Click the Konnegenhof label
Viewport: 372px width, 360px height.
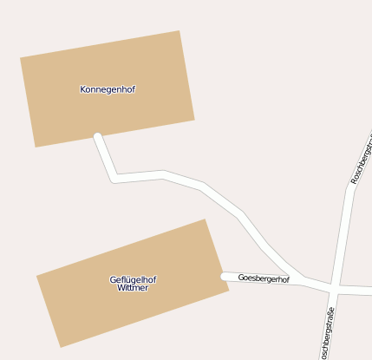point(108,89)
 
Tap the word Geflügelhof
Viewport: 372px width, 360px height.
point(133,279)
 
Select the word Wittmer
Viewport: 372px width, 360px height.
point(133,288)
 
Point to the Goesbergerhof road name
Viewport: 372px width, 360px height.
point(264,279)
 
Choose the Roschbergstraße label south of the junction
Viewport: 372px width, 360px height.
point(326,330)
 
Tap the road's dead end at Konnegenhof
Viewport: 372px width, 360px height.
point(98,137)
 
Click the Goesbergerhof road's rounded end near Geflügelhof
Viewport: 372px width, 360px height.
point(225,277)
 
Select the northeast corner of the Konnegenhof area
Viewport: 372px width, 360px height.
point(179,31)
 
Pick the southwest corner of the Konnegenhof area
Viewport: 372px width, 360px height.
point(36,147)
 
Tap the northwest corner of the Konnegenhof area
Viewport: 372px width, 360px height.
point(21,58)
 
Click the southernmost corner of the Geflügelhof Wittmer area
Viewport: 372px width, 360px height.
point(60,347)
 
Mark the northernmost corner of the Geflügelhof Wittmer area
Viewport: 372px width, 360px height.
point(205,219)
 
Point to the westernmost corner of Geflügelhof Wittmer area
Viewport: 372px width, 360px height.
point(36,277)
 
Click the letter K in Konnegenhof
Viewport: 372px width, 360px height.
point(82,89)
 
